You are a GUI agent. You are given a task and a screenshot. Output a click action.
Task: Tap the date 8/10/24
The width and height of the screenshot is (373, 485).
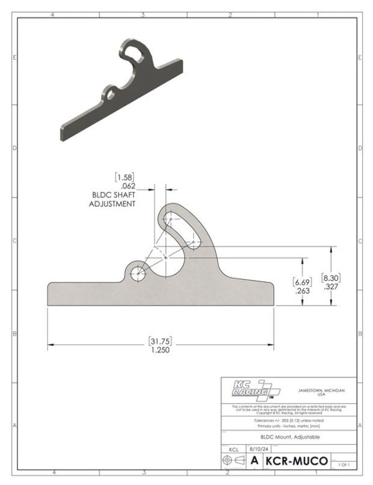[x=256, y=448]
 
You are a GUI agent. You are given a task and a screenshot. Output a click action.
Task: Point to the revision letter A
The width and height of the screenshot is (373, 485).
[x=254, y=461]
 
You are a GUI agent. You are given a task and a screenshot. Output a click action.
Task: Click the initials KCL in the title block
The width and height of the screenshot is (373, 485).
[x=233, y=448]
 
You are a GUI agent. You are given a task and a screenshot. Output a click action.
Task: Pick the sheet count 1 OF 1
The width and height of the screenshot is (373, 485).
[x=344, y=464]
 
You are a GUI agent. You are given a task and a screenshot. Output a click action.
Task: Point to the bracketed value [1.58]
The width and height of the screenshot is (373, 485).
[x=124, y=176]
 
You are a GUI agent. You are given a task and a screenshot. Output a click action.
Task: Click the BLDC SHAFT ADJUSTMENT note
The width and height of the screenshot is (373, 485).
[x=113, y=199]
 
